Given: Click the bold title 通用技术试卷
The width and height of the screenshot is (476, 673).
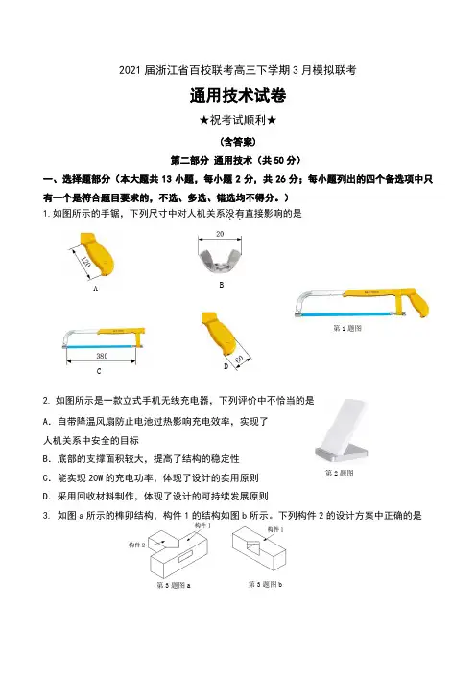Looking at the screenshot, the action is pos(238,95).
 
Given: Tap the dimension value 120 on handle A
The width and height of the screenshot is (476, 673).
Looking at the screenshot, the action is pos(85,262).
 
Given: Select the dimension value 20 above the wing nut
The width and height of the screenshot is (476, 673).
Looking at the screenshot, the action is pos(220,234).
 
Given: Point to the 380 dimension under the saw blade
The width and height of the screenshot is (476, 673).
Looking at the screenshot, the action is pos(102,356).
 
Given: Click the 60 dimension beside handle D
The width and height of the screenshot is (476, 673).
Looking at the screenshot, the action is pos(240,360).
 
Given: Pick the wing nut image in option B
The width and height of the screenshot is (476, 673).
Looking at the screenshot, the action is pos(220,262).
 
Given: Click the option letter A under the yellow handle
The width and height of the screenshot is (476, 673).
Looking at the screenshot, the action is pos(95,290).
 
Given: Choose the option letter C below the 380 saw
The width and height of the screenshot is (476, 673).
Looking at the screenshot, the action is pos(99,371).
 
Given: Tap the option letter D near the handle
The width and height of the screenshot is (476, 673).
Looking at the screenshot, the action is pos(226,366).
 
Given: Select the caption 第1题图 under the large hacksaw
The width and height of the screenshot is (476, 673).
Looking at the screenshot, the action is pos(347,328).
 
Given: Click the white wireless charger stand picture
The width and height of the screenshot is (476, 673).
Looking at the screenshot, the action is pos(342,430).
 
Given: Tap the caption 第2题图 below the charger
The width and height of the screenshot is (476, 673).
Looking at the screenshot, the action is pos(339,473).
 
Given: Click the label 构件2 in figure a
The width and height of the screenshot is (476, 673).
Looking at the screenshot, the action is pos(136,545).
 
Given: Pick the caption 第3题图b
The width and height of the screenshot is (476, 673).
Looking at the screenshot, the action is pos(265,584).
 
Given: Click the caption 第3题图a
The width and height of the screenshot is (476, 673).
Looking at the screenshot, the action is pos(174,585).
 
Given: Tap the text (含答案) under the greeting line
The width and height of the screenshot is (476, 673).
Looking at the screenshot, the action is pos(238,141).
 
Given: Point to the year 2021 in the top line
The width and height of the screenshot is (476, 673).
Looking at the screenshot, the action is pos(131,70).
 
